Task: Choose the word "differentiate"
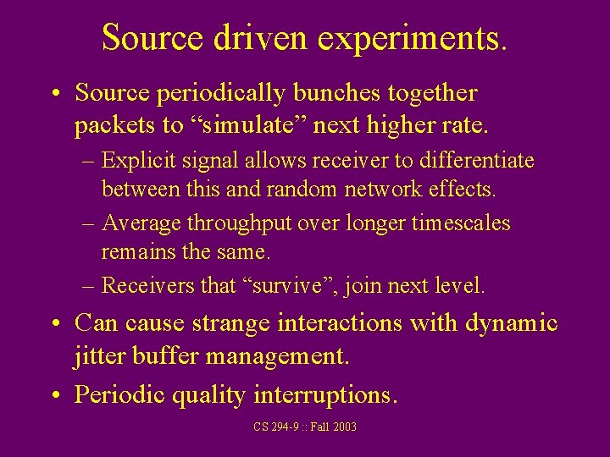[x=480, y=160]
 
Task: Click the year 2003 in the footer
[x=343, y=427]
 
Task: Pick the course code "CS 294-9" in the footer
[x=276, y=427]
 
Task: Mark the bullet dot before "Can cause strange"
[x=56, y=324]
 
